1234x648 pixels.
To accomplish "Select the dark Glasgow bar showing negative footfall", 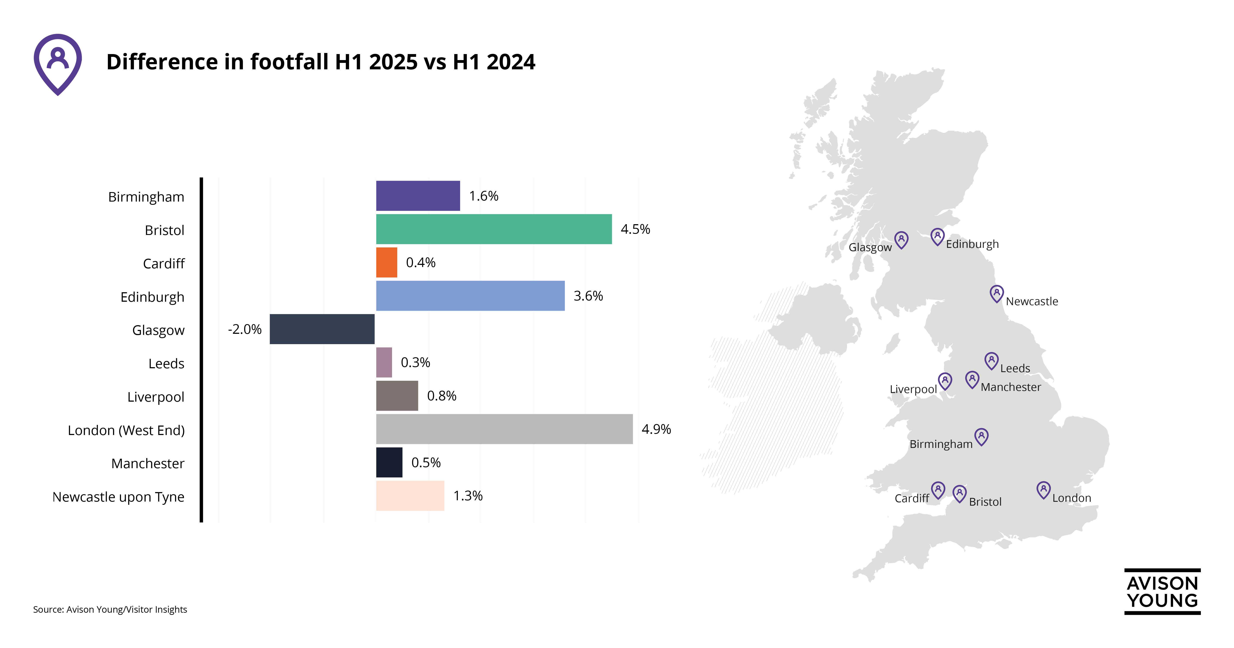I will click(x=322, y=329).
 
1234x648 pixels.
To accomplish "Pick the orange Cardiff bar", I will click(x=387, y=263).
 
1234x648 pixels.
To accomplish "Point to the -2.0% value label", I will click(x=245, y=329).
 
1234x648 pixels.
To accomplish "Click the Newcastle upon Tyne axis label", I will click(x=118, y=497).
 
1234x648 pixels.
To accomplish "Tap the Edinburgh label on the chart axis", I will click(x=152, y=297).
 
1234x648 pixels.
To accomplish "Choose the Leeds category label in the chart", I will click(x=166, y=364).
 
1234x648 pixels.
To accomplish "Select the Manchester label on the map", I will click(x=1011, y=387).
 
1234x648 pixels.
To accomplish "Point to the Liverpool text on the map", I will click(x=913, y=389).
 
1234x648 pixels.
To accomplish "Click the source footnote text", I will click(x=110, y=610).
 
